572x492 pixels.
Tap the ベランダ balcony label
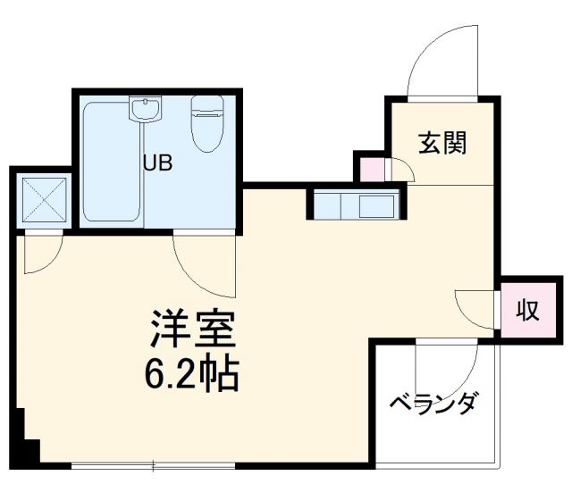click(x=433, y=403)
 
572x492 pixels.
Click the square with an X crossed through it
click(x=42, y=199)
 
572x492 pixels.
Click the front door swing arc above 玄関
click(x=440, y=63)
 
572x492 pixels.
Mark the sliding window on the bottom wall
click(x=154, y=465)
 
